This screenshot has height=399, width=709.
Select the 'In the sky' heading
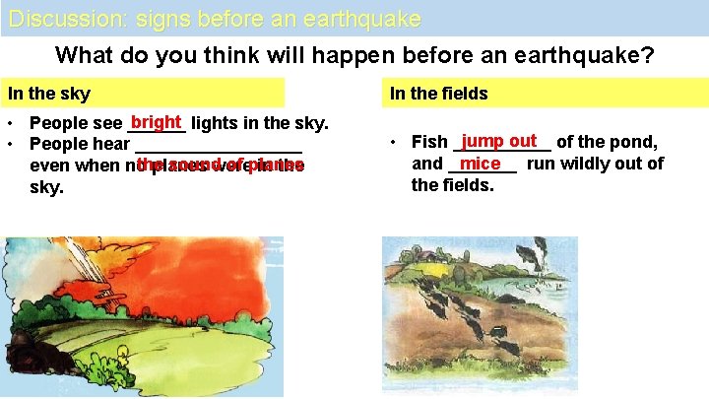[x=49, y=95]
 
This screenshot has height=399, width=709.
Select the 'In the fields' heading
[x=438, y=95]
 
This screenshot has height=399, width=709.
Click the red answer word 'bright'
[x=157, y=123]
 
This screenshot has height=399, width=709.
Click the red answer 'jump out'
[x=499, y=142]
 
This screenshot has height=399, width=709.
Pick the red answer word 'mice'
[x=481, y=164]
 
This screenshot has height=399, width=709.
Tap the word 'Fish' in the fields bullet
[x=429, y=143]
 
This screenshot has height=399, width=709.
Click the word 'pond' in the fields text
[x=628, y=143]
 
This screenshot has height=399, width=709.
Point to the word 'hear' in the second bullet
[x=110, y=145]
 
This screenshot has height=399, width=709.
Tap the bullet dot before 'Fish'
[x=393, y=143]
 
